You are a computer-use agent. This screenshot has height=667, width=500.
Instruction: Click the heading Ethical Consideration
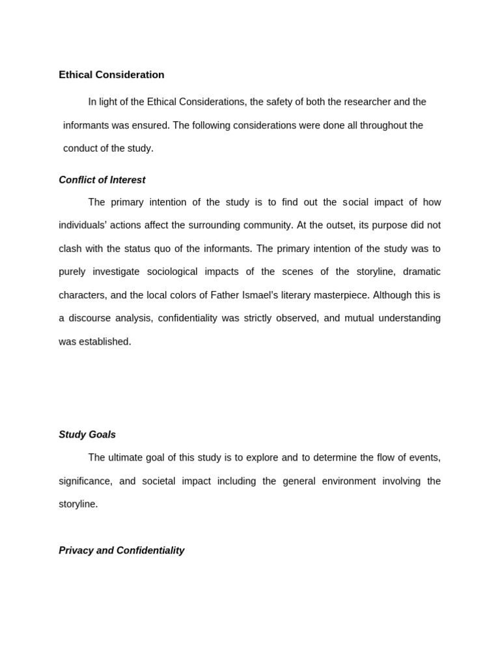coord(111,75)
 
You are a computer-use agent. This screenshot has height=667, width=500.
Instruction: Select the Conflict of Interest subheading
coord(102,180)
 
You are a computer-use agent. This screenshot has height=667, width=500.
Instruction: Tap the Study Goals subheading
coord(87,434)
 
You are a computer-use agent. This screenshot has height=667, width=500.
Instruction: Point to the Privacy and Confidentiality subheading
coord(121,550)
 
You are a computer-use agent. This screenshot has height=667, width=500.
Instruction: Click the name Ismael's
coord(254,295)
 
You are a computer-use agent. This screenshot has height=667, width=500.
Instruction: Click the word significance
coord(85,481)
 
